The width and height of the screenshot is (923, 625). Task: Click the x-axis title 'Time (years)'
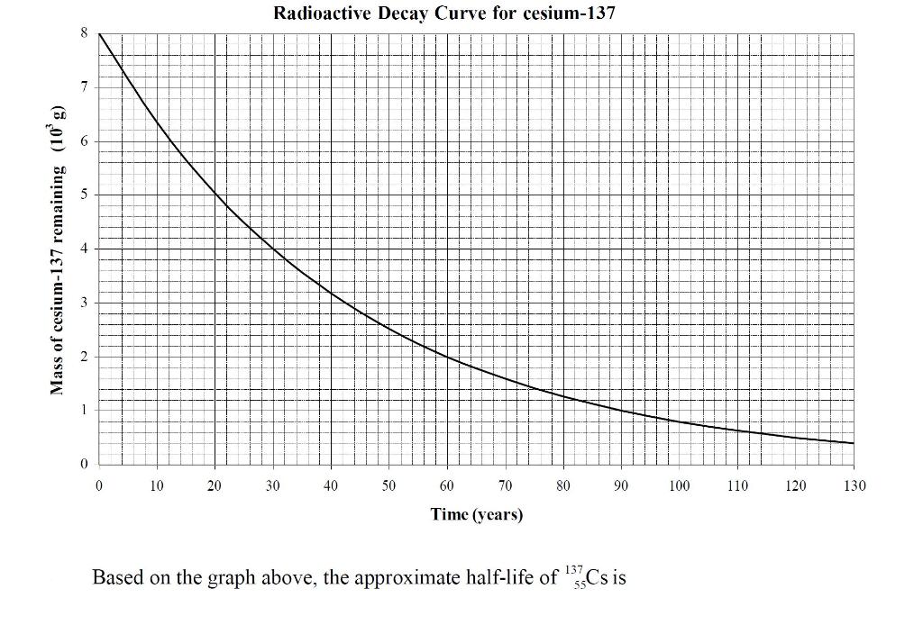click(x=477, y=515)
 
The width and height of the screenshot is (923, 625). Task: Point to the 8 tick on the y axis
click(x=85, y=32)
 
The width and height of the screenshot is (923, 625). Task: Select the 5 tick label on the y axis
click(x=85, y=195)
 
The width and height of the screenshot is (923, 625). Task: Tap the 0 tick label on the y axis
click(x=85, y=464)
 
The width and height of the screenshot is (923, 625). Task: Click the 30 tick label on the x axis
click(x=272, y=486)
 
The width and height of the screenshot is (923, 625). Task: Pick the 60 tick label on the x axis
click(x=447, y=486)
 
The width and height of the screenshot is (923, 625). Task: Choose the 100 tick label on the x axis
click(x=679, y=486)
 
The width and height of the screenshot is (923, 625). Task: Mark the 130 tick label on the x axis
click(x=854, y=486)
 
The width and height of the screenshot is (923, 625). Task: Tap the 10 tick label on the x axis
click(x=157, y=486)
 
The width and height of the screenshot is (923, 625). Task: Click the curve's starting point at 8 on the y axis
click(x=99, y=33)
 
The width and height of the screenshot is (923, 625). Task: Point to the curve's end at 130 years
click(x=853, y=443)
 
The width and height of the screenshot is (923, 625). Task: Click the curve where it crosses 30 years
click(x=273, y=249)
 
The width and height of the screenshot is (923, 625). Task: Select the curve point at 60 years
click(x=447, y=357)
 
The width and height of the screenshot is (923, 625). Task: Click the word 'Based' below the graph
click(x=116, y=577)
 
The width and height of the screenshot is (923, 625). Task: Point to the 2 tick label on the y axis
click(x=85, y=357)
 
